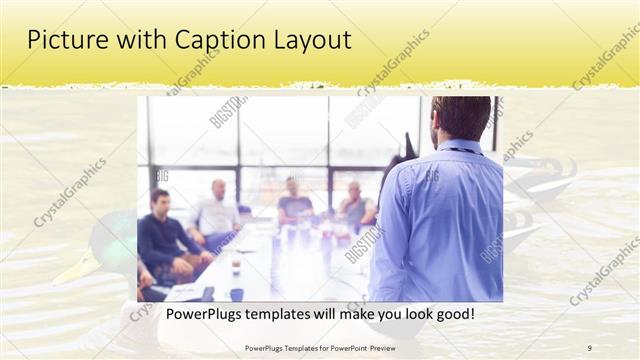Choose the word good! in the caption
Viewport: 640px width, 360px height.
pos(451,315)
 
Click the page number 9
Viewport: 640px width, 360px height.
pos(589,347)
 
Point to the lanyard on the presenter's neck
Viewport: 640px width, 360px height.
pos(462,151)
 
